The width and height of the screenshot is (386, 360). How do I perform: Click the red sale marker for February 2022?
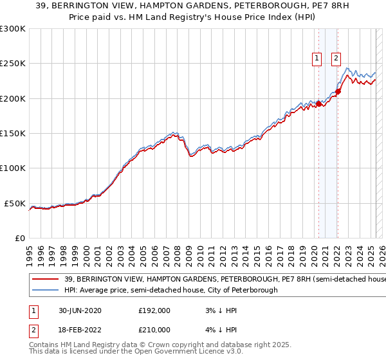coord(338,91)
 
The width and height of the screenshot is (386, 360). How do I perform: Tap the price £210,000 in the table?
coord(154,329)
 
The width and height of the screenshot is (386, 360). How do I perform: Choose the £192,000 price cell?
coord(154,310)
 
